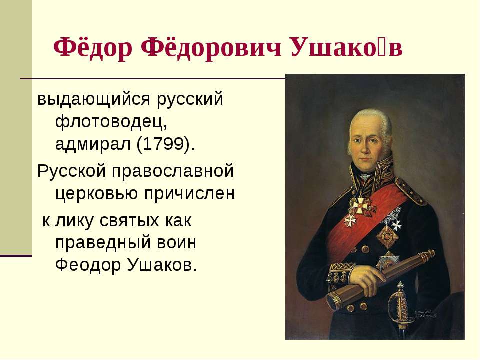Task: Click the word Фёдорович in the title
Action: pos(211,47)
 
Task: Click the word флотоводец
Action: pos(111,121)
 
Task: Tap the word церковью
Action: pos(96,193)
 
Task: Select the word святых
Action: pos(129,220)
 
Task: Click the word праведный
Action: pos(103,243)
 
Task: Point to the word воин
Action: pos(176,243)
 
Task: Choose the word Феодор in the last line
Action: pos(88,265)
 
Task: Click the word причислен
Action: pos(189,193)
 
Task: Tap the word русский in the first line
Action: pos(190,99)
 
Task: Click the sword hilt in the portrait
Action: pos(399,303)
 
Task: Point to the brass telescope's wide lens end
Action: pos(334,301)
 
